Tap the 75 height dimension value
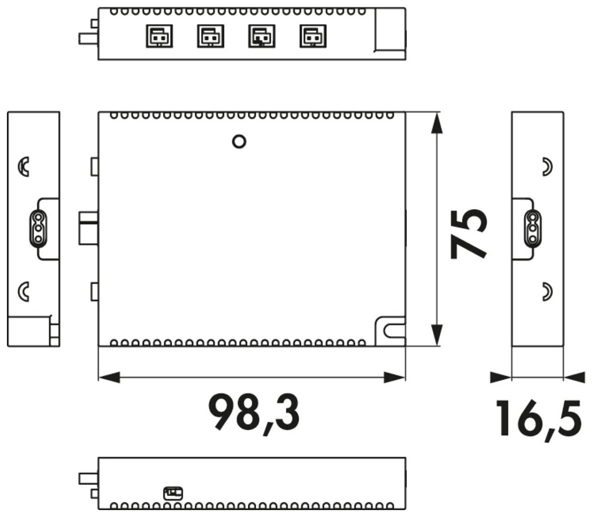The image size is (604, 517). pos(469,233)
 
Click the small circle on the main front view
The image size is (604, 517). pos(239,141)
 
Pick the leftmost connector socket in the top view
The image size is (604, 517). pos(159,36)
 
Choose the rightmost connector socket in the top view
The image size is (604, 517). pos(313,36)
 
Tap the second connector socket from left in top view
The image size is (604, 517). pos(210,36)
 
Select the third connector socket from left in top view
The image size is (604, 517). pos(262,36)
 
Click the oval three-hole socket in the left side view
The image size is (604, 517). pos(38,229)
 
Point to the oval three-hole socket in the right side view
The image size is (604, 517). pos(533,229)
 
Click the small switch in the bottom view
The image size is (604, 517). pos(173,493)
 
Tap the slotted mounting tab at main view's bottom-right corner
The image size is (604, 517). pos(390,331)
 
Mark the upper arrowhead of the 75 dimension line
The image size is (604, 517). pos(436,123)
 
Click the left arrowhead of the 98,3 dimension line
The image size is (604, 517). pos(109,378)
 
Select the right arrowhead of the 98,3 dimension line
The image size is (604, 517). pos(395,378)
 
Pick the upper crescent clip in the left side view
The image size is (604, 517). pos(24,167)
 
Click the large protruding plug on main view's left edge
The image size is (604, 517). pos(89,228)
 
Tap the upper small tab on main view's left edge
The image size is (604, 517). pos(95,167)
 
